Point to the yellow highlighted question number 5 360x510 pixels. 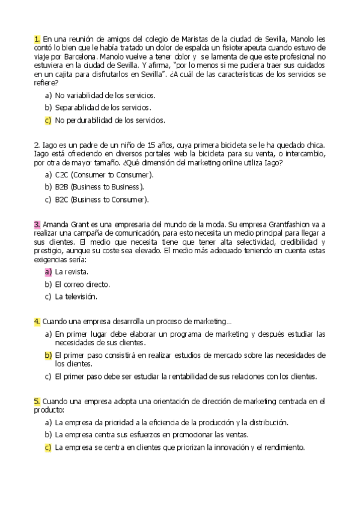[x=37, y=401]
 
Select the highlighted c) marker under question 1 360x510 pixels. [x=48, y=120]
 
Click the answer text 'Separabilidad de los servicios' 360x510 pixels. [x=102, y=108]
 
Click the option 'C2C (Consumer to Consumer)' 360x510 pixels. [x=104, y=174]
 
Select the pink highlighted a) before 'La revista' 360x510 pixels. [x=48, y=272]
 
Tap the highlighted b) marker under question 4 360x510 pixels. [x=48, y=355]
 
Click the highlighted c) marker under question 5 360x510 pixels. [x=48, y=447]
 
